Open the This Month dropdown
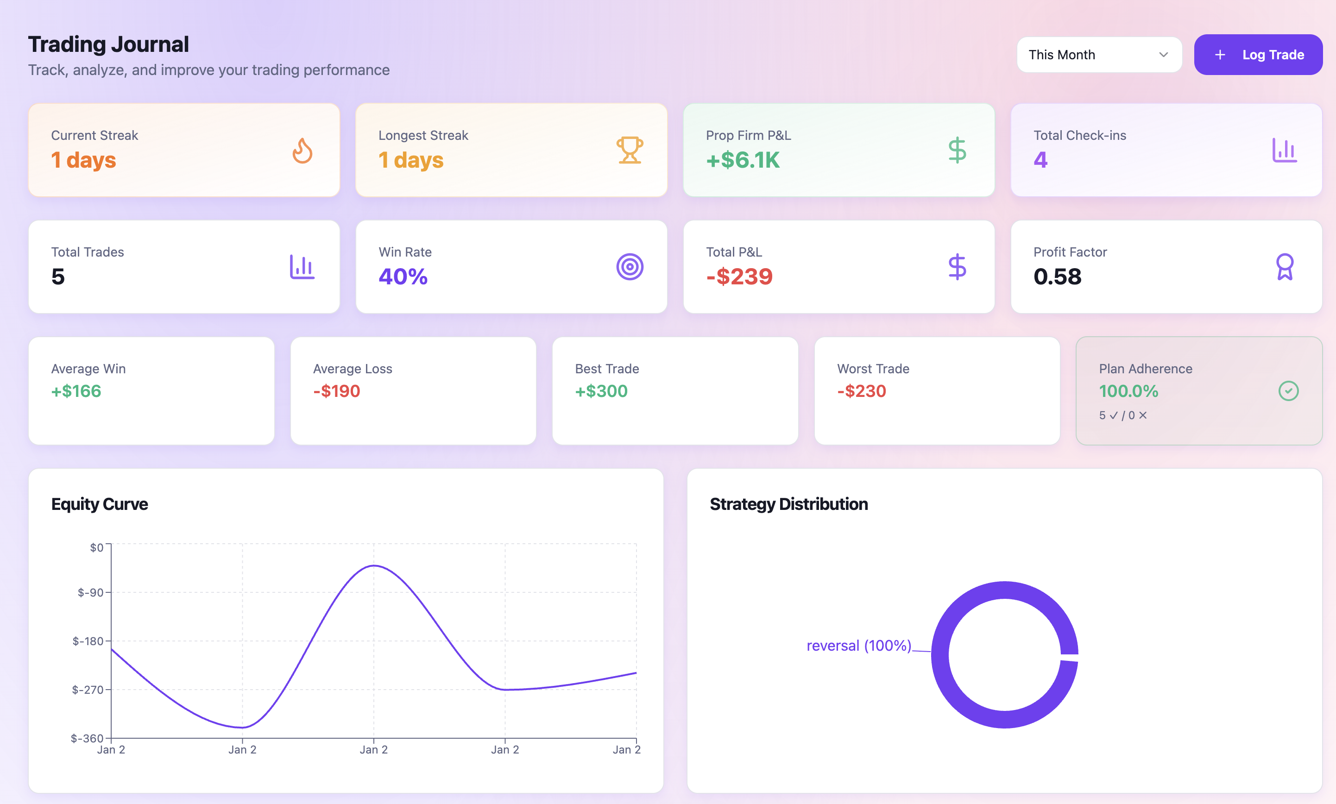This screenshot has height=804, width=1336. click(1099, 55)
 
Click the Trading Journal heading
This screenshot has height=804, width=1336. click(108, 44)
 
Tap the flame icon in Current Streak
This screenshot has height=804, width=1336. click(302, 150)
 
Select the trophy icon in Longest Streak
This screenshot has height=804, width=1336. click(630, 150)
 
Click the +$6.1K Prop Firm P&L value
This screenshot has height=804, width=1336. click(742, 160)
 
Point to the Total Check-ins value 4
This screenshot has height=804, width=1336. click(1040, 160)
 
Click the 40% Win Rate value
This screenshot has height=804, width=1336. click(403, 277)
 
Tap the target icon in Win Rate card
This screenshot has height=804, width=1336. click(630, 267)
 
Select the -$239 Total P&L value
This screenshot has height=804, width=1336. click(739, 277)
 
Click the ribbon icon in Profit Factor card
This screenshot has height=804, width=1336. click(1285, 267)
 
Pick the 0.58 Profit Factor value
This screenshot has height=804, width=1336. click(1057, 277)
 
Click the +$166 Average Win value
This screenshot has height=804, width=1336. click(76, 391)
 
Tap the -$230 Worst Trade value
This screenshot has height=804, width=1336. click(862, 391)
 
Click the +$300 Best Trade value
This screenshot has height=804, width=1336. click(601, 391)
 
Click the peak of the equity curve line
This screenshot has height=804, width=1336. click(374, 565)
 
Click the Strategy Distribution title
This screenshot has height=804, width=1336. click(788, 504)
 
